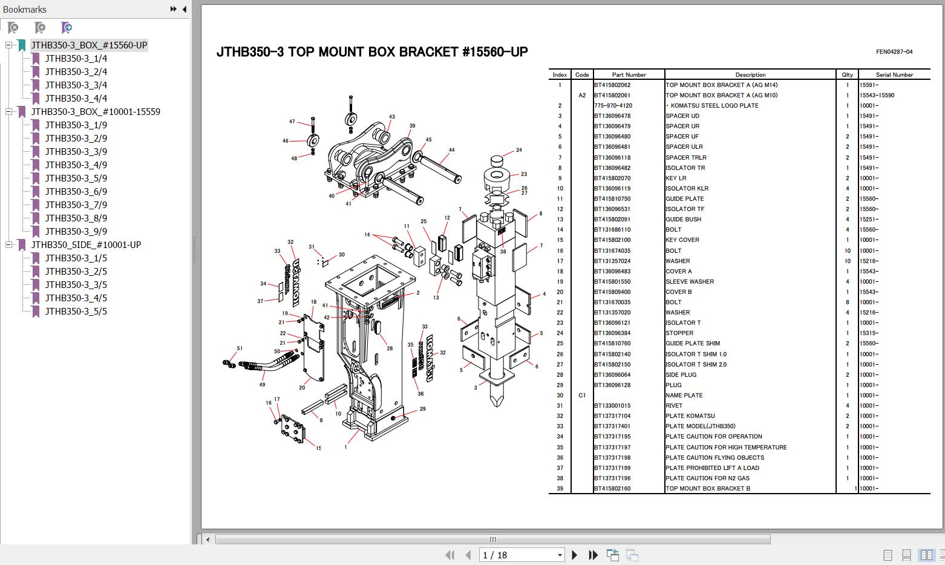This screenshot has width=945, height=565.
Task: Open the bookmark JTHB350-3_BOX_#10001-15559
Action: coord(96,112)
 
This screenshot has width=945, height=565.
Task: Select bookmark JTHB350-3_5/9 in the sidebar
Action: coord(76,178)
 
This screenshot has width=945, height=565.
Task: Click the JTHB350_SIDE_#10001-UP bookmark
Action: coord(86,245)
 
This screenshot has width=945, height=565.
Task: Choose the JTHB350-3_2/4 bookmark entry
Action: coord(76,72)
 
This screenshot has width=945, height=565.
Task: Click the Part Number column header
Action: coord(629,74)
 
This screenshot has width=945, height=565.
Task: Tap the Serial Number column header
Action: coord(894,74)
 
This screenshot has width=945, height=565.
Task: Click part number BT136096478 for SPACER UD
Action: coord(612,116)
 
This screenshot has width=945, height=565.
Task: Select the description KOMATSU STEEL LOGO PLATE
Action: coord(714,105)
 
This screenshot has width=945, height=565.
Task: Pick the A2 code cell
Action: coord(582,96)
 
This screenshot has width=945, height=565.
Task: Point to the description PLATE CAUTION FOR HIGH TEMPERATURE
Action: coord(726,447)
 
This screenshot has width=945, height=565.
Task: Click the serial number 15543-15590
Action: coord(877,96)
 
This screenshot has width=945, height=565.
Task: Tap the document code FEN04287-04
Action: coord(894,52)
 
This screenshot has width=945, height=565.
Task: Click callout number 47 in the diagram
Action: coord(292,122)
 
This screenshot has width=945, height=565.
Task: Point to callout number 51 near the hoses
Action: coord(240,348)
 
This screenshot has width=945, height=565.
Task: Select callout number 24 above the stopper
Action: coord(519,150)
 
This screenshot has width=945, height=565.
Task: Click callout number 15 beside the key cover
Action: coord(318,448)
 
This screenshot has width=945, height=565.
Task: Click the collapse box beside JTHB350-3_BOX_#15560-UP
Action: coord(9,45)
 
